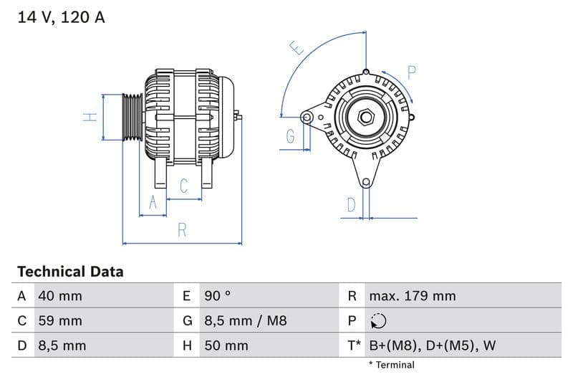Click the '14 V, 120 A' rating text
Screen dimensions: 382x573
(61, 18)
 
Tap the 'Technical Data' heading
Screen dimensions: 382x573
(70, 272)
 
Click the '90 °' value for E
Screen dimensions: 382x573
(218, 296)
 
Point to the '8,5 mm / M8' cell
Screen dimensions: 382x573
(245, 320)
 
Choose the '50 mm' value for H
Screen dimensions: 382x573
(226, 345)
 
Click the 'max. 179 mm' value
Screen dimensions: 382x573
(412, 296)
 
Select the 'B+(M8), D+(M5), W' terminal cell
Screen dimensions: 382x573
(432, 345)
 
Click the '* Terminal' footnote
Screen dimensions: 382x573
(392, 365)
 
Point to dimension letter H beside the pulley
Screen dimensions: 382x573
(90, 117)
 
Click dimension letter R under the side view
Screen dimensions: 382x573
(182, 230)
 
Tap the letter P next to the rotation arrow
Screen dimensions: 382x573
(412, 72)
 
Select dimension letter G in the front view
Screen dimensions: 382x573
(291, 136)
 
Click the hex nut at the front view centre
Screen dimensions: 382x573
(365, 116)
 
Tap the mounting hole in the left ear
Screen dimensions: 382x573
(307, 117)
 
